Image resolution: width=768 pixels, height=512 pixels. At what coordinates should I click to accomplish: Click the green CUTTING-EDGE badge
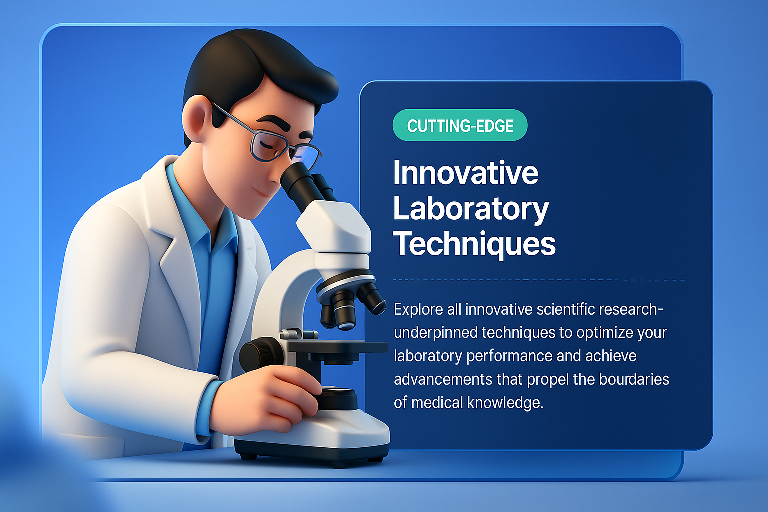[x=460, y=125]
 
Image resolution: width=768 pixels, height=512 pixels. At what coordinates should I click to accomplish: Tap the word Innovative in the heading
[x=466, y=173]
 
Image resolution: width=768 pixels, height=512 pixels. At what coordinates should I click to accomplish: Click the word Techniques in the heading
[x=474, y=244]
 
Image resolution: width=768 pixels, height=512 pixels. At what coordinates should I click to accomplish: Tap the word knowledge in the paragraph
[x=505, y=403]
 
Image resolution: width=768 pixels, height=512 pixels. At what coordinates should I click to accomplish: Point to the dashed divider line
[x=539, y=280]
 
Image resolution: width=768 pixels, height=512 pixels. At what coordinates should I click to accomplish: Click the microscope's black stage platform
[x=337, y=347]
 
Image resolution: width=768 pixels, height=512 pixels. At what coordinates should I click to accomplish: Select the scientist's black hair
[x=253, y=68]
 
